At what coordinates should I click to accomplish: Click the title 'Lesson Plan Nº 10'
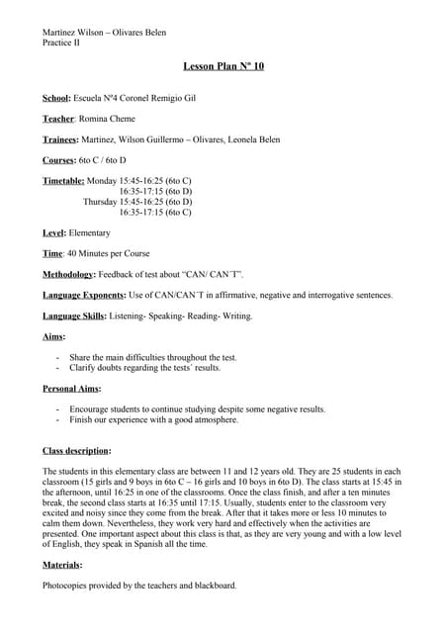(x=223, y=66)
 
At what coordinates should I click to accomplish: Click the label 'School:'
(x=55, y=99)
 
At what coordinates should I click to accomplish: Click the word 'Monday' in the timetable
(x=102, y=180)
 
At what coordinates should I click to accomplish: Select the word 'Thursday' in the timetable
(x=100, y=201)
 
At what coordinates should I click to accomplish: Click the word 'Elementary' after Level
(x=90, y=232)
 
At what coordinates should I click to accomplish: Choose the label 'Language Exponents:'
(x=84, y=295)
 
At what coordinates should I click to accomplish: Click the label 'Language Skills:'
(x=75, y=316)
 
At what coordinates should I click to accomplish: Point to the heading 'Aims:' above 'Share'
(x=53, y=336)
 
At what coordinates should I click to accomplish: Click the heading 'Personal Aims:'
(x=72, y=389)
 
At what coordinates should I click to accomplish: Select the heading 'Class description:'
(x=76, y=450)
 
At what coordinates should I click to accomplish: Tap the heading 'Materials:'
(x=62, y=565)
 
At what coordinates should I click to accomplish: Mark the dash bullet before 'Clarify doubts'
(x=58, y=367)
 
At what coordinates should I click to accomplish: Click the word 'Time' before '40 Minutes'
(x=52, y=253)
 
